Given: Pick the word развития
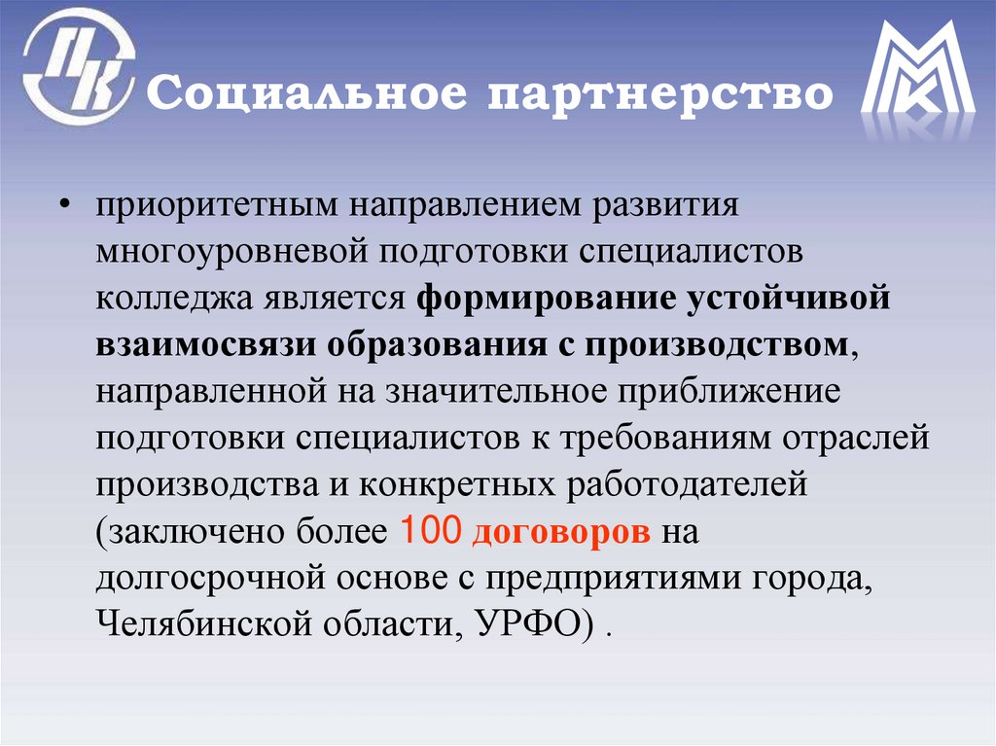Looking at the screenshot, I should (x=673, y=207).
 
